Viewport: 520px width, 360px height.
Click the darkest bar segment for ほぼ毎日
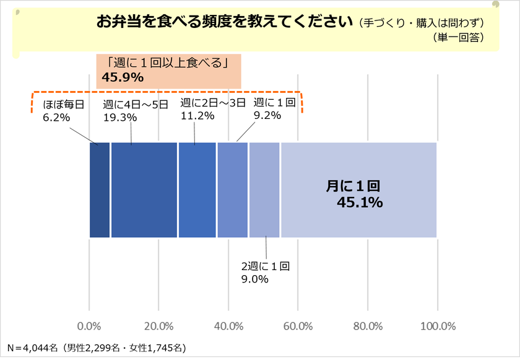click(100, 190)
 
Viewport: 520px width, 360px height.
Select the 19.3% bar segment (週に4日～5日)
click(144, 190)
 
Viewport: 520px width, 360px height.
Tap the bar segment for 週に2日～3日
click(197, 190)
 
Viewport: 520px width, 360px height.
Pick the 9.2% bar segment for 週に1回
click(233, 190)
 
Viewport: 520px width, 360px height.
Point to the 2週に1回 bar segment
click(264, 190)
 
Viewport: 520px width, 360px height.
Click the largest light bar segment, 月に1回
click(359, 190)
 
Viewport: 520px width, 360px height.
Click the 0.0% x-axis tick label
click(90, 327)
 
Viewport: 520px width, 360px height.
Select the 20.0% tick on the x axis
click(159, 327)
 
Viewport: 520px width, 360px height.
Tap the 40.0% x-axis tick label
click(228, 327)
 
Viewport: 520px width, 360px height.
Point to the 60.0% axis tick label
click(298, 327)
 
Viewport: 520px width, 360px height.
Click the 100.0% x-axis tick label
click(438, 327)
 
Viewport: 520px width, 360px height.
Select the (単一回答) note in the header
click(459, 37)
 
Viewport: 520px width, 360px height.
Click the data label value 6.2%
click(56, 116)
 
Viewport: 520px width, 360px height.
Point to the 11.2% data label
click(197, 115)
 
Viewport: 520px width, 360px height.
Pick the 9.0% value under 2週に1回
click(254, 279)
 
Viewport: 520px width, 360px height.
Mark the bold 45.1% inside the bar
click(360, 203)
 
